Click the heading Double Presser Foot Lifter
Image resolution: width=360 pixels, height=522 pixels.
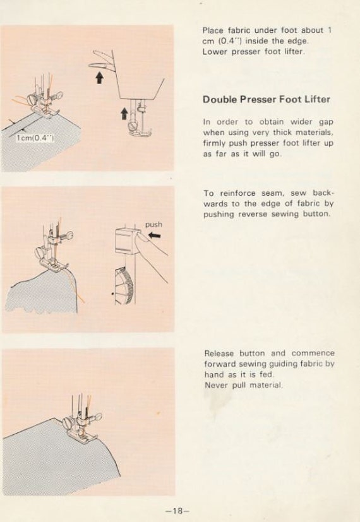[x=267, y=100]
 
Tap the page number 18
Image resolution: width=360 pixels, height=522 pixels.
[x=177, y=511]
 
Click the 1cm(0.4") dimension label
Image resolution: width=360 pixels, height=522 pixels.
[x=35, y=138]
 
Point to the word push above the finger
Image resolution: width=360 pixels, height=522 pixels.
[x=153, y=225]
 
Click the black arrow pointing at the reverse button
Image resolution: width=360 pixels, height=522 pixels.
[x=155, y=235]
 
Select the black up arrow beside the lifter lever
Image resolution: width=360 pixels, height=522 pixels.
[x=99, y=78]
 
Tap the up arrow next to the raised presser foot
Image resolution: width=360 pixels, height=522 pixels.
[x=124, y=114]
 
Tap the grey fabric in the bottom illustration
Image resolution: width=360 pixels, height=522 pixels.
[x=57, y=460]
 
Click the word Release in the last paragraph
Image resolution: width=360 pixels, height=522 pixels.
[x=218, y=353]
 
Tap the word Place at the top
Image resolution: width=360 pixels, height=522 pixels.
[x=213, y=30]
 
